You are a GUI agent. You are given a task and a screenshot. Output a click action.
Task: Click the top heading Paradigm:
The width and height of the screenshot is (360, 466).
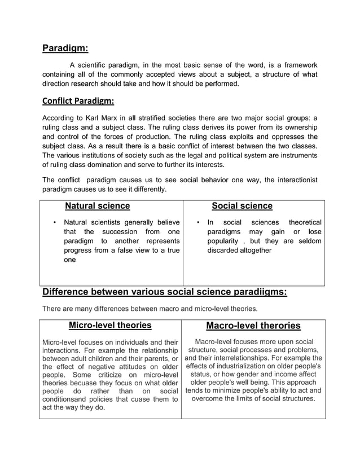click(x=65, y=48)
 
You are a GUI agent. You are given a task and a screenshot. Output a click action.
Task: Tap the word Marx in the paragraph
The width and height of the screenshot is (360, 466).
click(x=118, y=118)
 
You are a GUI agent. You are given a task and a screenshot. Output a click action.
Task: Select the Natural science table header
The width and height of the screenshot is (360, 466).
click(x=98, y=206)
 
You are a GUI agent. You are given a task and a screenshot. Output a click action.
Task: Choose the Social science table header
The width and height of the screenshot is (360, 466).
click(x=242, y=206)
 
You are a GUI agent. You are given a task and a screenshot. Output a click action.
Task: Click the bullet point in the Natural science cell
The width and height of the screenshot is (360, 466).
click(x=54, y=222)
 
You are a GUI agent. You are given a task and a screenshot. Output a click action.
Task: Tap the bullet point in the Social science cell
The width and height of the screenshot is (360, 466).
click(x=197, y=222)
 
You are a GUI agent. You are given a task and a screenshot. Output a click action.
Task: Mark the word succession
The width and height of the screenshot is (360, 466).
click(x=120, y=232)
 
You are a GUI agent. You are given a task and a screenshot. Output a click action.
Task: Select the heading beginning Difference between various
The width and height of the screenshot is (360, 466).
click(x=165, y=292)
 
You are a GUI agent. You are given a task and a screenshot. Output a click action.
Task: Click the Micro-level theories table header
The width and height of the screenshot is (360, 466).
click(x=110, y=325)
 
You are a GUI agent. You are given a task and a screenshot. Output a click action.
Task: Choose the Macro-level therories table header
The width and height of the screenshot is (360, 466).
click(x=253, y=326)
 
